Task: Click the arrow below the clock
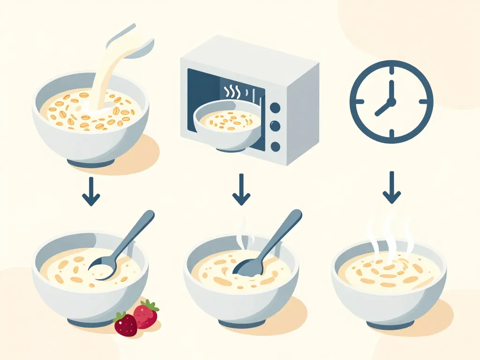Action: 392,187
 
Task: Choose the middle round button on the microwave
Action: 276,126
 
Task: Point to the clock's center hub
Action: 391,101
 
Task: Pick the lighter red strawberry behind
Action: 146,314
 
